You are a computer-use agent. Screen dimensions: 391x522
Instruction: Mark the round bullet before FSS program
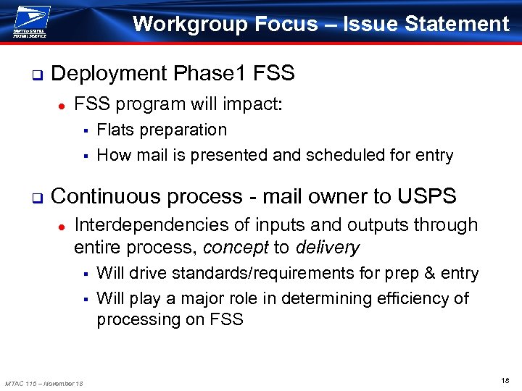coord(62,106)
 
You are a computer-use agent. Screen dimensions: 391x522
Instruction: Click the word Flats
coord(116,130)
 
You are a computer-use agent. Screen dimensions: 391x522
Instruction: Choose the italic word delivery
coord(326,248)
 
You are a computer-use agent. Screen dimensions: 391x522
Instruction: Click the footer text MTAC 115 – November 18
coord(43,382)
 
